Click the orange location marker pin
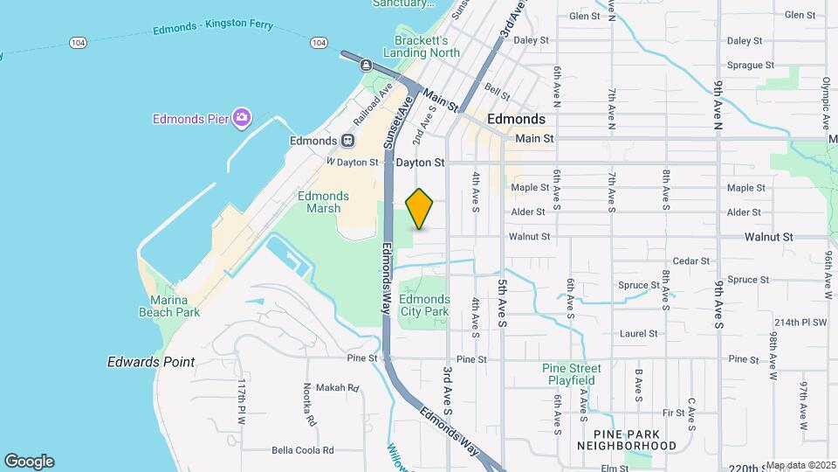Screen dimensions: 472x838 coord(420,209)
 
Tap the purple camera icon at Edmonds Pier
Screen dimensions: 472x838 coord(242,118)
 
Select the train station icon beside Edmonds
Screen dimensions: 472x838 coord(347,140)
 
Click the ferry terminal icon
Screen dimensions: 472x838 coord(366,66)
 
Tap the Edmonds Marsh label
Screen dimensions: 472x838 coord(323,202)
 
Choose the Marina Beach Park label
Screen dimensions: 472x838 coord(169,305)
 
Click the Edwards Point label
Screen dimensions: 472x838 coord(151,362)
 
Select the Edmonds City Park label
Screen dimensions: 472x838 coord(424,305)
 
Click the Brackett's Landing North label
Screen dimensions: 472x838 coord(427,46)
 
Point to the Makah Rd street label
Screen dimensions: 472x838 coord(338,388)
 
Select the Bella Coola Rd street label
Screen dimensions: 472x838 coord(303,450)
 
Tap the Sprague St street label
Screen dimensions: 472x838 coord(751,65)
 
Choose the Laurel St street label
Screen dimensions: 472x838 coord(638,333)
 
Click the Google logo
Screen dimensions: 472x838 coord(29,462)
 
